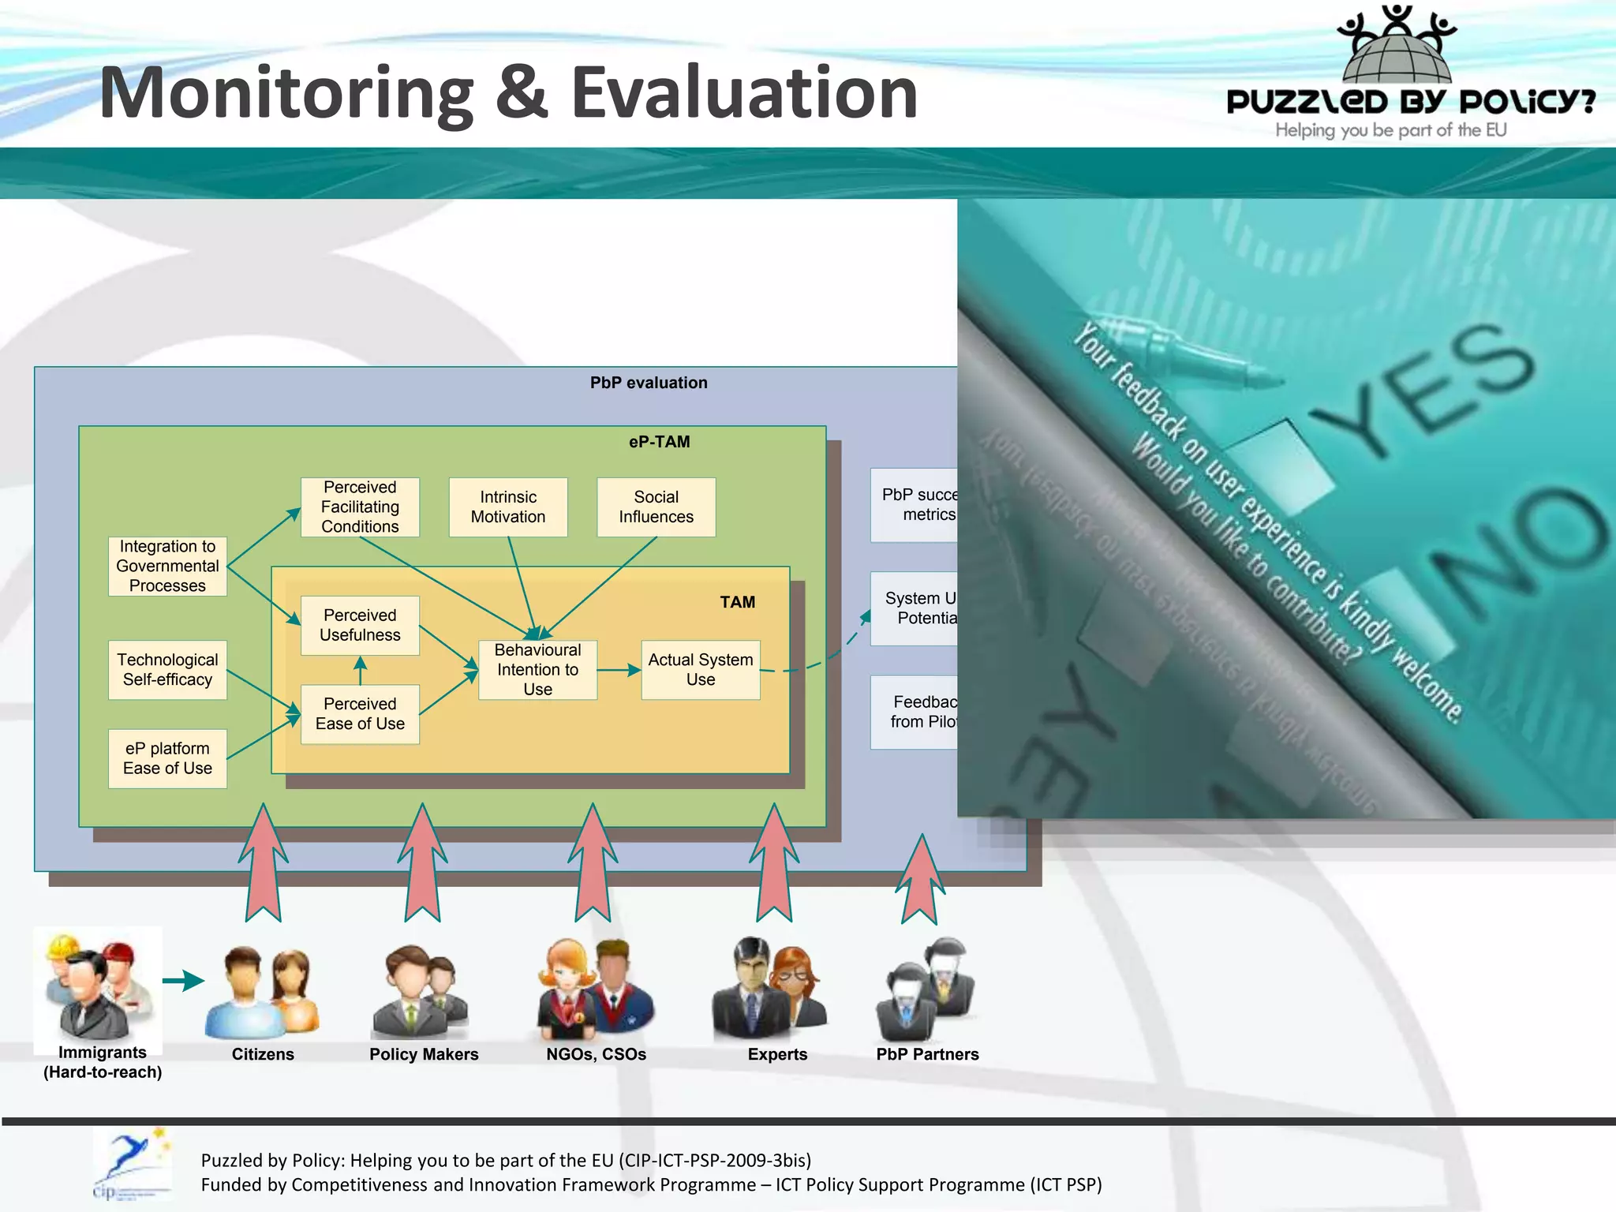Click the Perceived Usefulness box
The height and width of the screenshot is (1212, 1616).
coord(360,625)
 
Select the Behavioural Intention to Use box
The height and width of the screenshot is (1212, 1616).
coord(537,669)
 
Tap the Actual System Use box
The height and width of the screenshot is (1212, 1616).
coord(701,669)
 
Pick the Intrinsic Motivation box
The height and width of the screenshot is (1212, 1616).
coord(508,507)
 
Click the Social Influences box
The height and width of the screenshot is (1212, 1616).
coord(656,507)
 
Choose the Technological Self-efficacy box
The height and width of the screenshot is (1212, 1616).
coord(167,669)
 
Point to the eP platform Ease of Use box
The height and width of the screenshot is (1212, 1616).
coord(167,758)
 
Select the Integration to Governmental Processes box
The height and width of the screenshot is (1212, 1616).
coord(167,566)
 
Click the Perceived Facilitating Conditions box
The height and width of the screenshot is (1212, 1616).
coord(360,507)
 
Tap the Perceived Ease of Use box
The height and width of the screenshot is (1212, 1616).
coord(360,713)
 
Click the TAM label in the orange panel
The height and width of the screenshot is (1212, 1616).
coord(737,602)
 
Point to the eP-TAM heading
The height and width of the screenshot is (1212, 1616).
coord(659,442)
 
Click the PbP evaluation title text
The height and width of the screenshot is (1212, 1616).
coord(649,383)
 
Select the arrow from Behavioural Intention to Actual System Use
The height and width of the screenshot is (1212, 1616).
coord(619,670)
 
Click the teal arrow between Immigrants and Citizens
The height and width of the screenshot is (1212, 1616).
coord(183,981)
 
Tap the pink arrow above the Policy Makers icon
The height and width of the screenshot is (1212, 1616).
coord(423,864)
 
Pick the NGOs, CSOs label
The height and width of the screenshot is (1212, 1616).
coord(596,1054)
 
